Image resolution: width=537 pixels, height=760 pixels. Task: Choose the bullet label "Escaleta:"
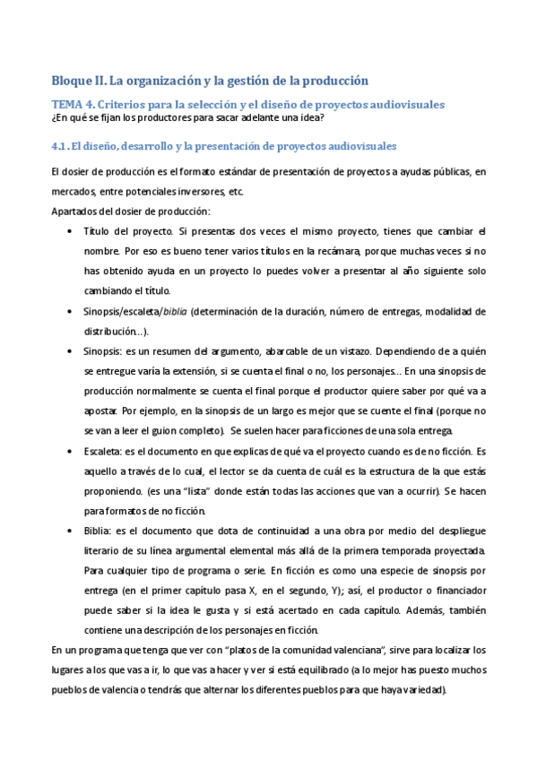coord(106,451)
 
